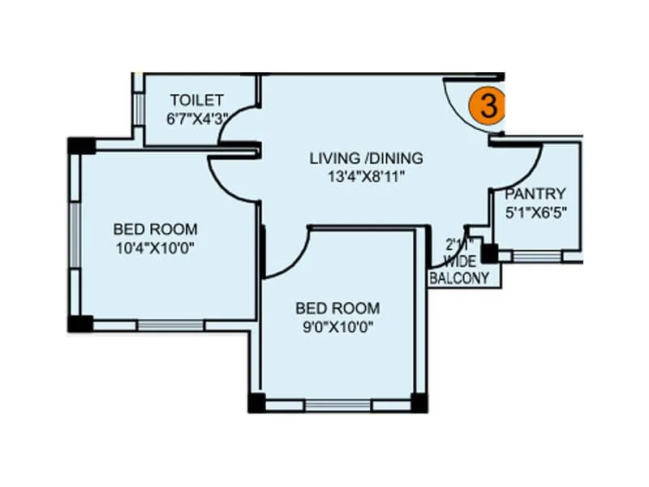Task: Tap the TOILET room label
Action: pyautogui.click(x=196, y=100)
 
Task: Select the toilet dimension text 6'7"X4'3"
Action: pyautogui.click(x=197, y=118)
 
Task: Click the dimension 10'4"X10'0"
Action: pyautogui.click(x=155, y=247)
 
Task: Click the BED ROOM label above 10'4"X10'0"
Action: pyautogui.click(x=155, y=229)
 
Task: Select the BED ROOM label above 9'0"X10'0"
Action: pyautogui.click(x=337, y=308)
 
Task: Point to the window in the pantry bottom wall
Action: pyautogui.click(x=536, y=256)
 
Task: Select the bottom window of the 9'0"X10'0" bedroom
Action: pyautogui.click(x=337, y=403)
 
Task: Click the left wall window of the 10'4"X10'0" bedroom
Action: pyautogui.click(x=73, y=235)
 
